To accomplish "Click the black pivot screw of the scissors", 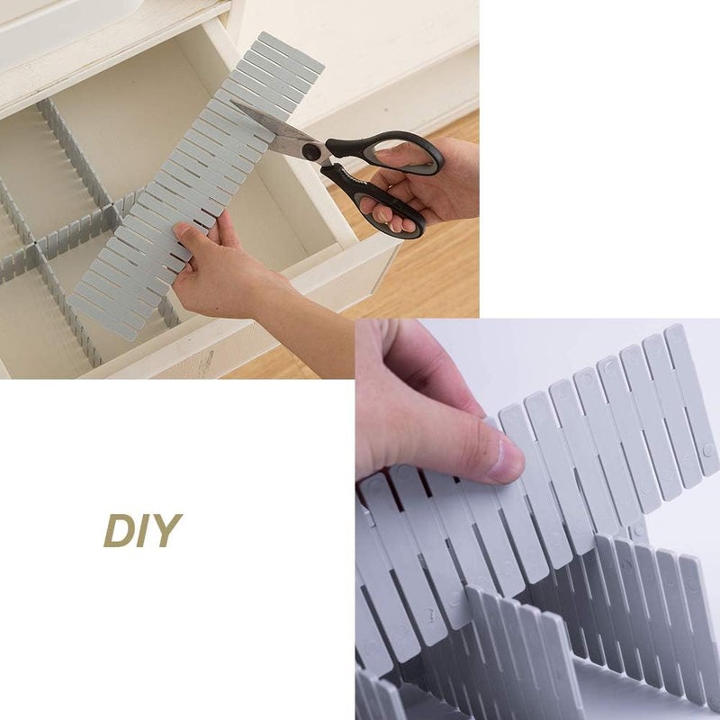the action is (311, 151).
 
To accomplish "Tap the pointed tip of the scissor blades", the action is (231, 102).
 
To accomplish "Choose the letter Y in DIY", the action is (167, 530).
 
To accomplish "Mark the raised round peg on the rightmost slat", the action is (708, 450).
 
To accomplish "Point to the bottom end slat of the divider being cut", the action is (102, 317).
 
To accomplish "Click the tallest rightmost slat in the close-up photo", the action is (691, 399).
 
